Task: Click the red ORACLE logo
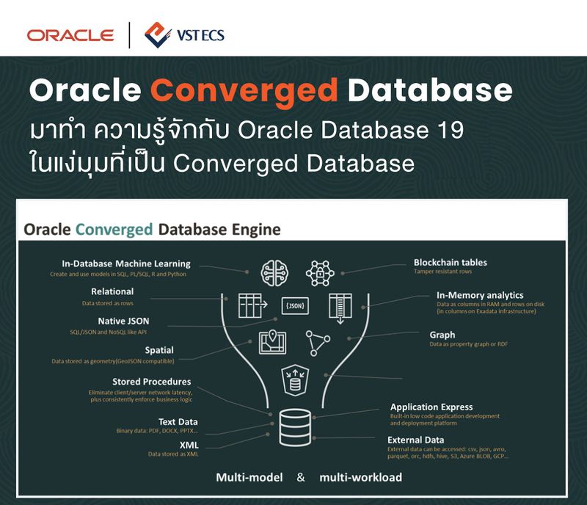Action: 70,34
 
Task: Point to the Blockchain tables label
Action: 450,262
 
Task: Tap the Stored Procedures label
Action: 151,382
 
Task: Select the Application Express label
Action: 431,407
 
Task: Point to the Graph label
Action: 442,335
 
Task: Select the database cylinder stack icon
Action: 293,427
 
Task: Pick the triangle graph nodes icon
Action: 318,343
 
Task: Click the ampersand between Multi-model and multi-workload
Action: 301,478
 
